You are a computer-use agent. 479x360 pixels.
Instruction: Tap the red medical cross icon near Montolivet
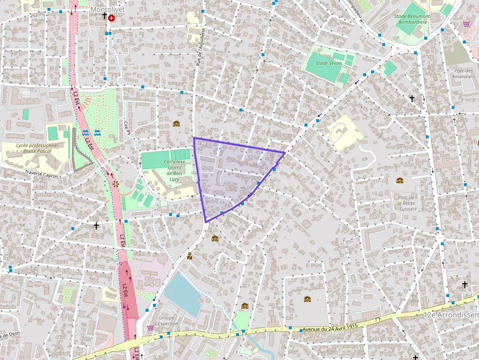pos(112,18)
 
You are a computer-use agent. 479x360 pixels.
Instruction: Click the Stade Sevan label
pos(328,64)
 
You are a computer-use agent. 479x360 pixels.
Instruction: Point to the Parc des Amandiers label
pos(463,73)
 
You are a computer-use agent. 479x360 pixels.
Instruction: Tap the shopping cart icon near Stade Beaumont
pos(466,23)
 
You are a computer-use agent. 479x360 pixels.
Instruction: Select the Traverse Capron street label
pos(42,174)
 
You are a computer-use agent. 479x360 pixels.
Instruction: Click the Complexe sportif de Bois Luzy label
pos(174,170)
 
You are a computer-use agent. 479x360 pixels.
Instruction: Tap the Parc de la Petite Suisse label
pos(405,203)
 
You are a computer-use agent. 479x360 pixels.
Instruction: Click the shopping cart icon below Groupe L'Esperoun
pos(150,328)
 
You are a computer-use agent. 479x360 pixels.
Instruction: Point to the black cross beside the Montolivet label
pos(104,16)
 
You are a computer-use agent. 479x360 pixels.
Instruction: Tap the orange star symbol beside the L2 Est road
pos(116,184)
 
